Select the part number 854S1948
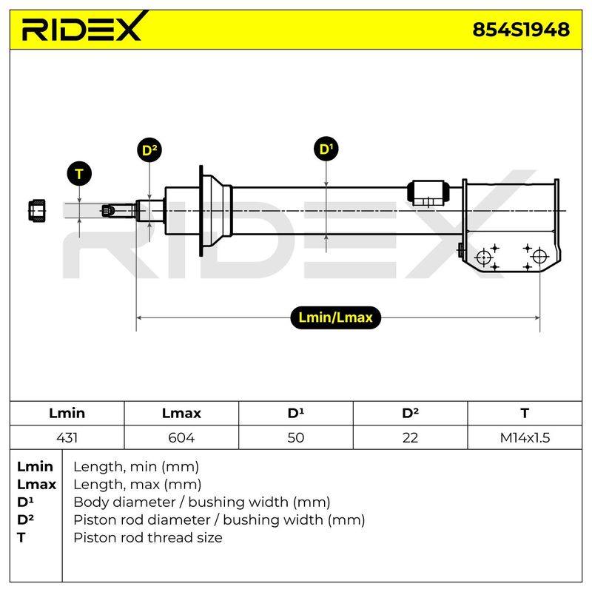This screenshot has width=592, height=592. click(521, 30)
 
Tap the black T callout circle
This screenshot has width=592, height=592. click(79, 174)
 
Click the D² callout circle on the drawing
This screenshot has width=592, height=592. click(149, 150)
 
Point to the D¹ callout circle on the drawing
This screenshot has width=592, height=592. click(326, 149)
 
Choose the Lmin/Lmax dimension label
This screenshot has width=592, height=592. click(335, 317)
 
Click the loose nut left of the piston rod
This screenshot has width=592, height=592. click(37, 210)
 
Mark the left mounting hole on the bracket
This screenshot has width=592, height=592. click(484, 258)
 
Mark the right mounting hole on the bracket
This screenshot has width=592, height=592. click(539, 257)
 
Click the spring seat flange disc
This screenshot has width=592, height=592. click(201, 211)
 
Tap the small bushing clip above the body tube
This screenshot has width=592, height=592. click(428, 192)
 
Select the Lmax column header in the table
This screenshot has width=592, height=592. click(181, 413)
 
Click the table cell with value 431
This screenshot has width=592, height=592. click(67, 437)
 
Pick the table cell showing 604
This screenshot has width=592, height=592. click(181, 437)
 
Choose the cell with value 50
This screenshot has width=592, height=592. click(295, 437)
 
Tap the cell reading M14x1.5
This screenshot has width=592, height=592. click(525, 437)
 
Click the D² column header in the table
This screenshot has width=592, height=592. click(411, 413)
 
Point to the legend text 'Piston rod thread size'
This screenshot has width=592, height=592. click(147, 537)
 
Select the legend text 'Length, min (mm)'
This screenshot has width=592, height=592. click(136, 467)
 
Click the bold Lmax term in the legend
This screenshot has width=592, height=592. click(36, 485)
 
